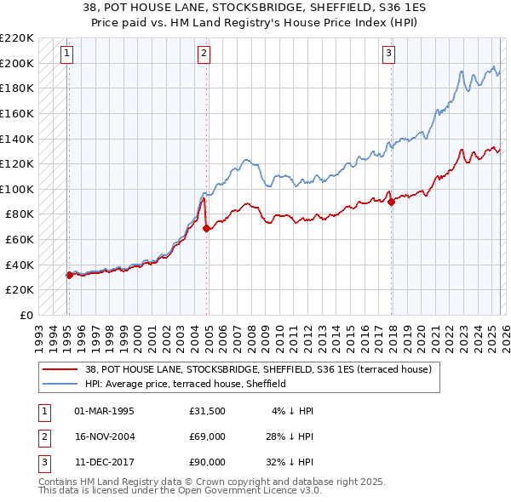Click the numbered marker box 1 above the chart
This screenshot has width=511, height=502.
pyautogui.click(x=67, y=54)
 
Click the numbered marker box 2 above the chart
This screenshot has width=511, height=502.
pyautogui.click(x=204, y=54)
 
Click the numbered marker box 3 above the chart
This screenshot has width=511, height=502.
pyautogui.click(x=388, y=54)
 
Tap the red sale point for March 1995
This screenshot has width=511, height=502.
pyautogui.click(x=69, y=275)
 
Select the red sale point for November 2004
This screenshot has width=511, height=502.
pyautogui.click(x=206, y=227)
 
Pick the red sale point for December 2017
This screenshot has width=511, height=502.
pyautogui.click(x=391, y=202)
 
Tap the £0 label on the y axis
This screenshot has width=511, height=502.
pyautogui.click(x=26, y=315)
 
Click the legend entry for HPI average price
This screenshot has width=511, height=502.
pyautogui.click(x=185, y=384)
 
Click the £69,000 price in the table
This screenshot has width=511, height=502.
pyautogui.click(x=208, y=436)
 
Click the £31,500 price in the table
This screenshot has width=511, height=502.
pyautogui.click(x=208, y=411)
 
